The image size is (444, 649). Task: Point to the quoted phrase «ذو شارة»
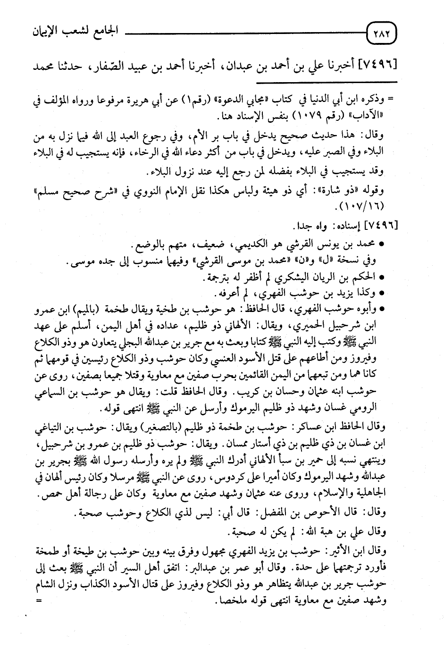click(346, 191)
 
